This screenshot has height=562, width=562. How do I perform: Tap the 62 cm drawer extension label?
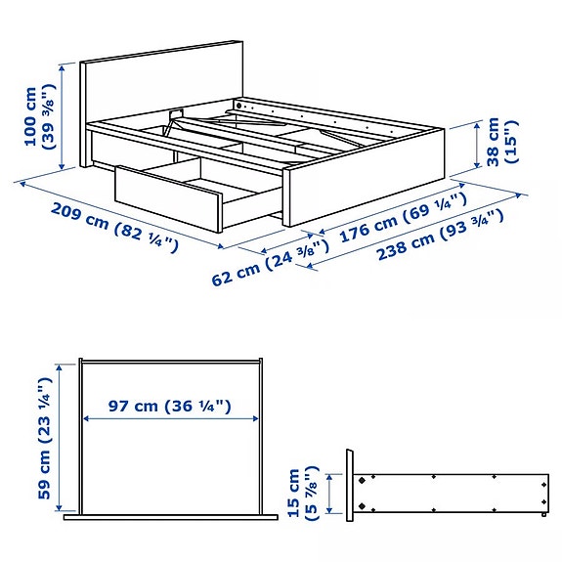pyautogui.click(x=269, y=266)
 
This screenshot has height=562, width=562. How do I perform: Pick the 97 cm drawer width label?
pyautogui.click(x=170, y=405)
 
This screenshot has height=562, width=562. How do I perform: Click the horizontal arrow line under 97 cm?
pyautogui.click(x=170, y=418)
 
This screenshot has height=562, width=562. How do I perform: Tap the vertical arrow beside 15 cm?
pyautogui.click(x=332, y=494)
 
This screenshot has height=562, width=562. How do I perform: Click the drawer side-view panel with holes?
pyautogui.click(x=450, y=494)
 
